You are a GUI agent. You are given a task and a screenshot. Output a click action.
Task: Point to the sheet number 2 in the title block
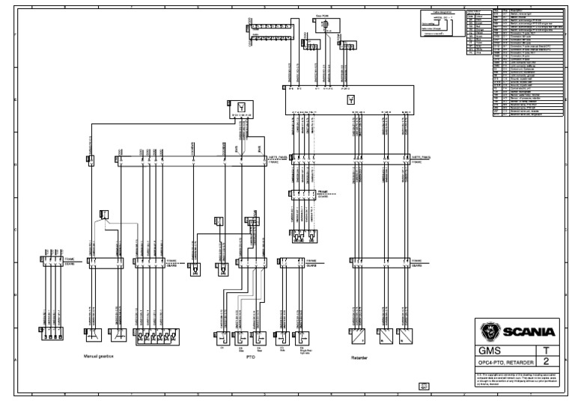pos(545,361)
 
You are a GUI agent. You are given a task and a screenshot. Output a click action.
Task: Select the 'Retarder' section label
pos(361,358)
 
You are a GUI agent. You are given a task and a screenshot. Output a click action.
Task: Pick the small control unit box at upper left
pos(240,108)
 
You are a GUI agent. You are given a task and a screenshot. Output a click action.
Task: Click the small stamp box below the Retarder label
pos(424,386)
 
